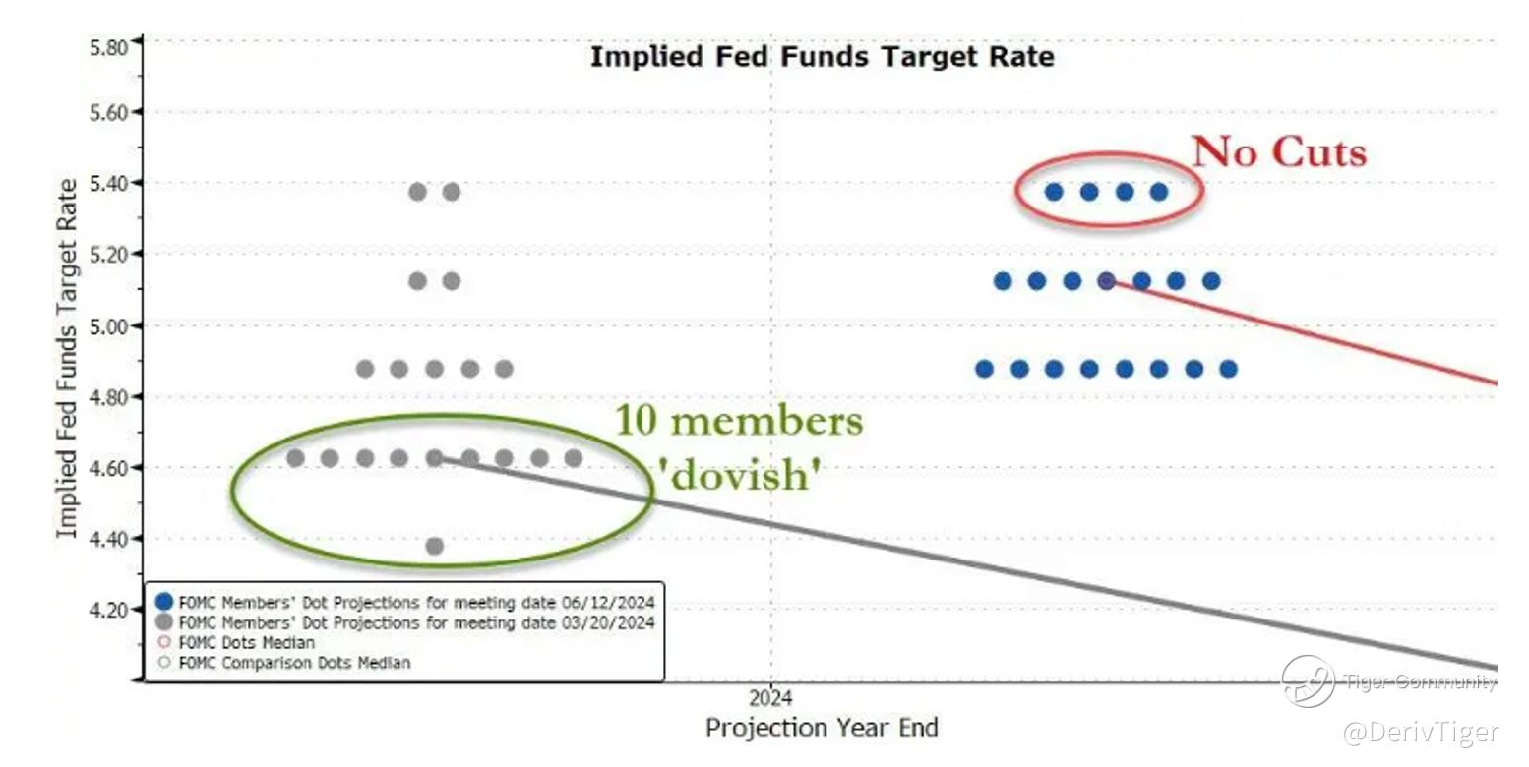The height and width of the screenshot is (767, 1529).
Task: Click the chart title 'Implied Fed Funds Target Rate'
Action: click(822, 57)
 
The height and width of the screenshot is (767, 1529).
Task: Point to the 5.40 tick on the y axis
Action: click(109, 183)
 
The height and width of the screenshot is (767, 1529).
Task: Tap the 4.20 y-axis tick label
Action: click(109, 610)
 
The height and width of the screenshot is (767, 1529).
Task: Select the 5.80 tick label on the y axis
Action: click(109, 47)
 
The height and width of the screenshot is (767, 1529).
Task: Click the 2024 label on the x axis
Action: click(770, 699)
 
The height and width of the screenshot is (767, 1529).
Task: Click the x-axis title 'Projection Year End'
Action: click(822, 729)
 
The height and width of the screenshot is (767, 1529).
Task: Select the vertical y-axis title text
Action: click(66, 359)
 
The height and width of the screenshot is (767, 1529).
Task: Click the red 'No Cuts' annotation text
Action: click(1279, 152)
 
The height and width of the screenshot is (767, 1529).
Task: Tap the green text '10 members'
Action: click(739, 421)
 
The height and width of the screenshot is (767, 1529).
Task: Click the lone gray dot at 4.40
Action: click(434, 546)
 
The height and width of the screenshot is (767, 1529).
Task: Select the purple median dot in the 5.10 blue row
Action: click(1106, 281)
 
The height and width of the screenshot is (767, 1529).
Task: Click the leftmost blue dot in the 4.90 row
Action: click(984, 369)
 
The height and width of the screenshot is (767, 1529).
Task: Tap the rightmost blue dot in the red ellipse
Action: click(1159, 192)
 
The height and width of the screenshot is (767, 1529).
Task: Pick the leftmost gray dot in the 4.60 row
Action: click(295, 458)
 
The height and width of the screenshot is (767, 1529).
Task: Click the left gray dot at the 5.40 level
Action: click(417, 192)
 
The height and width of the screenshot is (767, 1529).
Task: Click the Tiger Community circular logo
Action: click(1308, 680)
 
